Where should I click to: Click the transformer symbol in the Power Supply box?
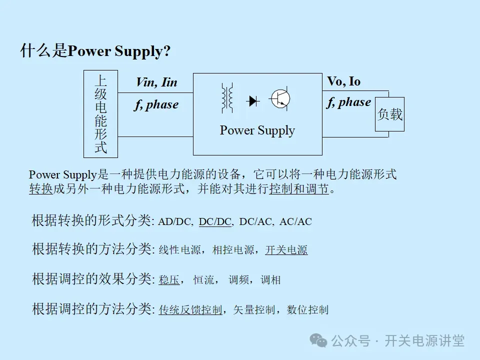pyautogui.click(x=227, y=98)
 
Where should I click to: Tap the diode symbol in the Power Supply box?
pyautogui.click(x=253, y=101)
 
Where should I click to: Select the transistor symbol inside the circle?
pyautogui.click(x=280, y=99)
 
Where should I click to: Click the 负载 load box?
pyautogui.click(x=389, y=114)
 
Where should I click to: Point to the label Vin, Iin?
pyautogui.click(x=156, y=82)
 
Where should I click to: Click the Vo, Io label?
pyautogui.click(x=343, y=81)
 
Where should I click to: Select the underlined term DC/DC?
pyautogui.click(x=215, y=221)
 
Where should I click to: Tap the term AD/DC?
pyautogui.click(x=175, y=221)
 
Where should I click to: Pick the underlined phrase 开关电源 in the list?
pyautogui.click(x=286, y=250)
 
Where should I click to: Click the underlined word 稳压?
pyautogui.click(x=169, y=280)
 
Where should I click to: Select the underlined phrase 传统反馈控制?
pyautogui.click(x=190, y=310)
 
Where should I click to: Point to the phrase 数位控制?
pyautogui.click(x=308, y=310)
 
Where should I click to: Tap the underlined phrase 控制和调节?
pyautogui.click(x=299, y=189)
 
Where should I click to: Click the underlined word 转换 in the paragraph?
pyautogui.click(x=41, y=189)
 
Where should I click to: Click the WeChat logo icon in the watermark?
pyautogui.click(x=318, y=340)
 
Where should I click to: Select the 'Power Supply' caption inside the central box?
pyautogui.click(x=257, y=130)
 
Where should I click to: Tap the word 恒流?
pyautogui.click(x=204, y=280)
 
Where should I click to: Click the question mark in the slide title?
pyautogui.click(x=167, y=52)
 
